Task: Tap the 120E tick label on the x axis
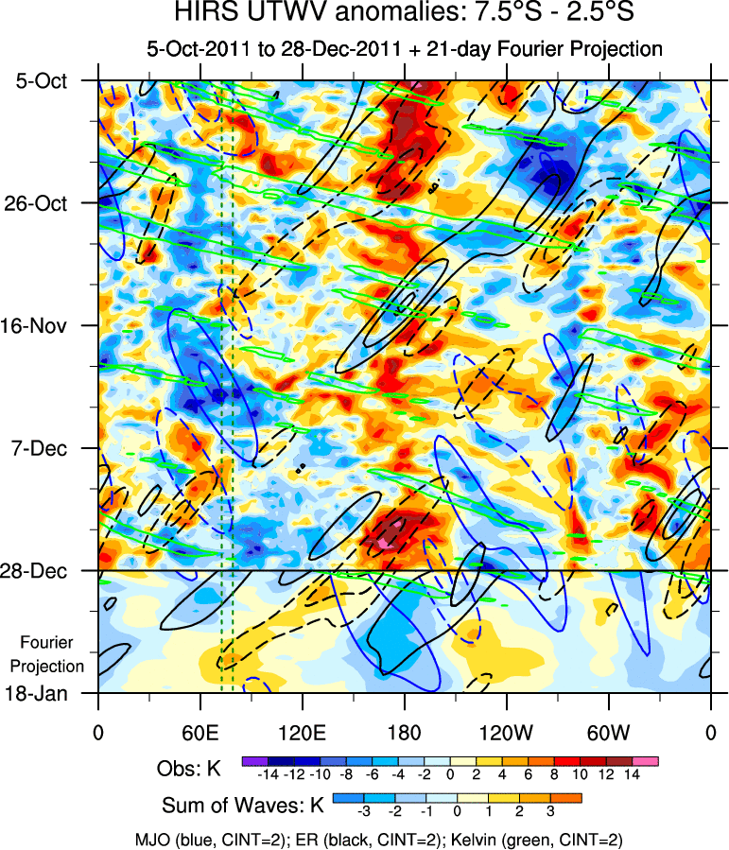[x=302, y=732]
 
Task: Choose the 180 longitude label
[x=404, y=732]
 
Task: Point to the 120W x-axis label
[x=506, y=732]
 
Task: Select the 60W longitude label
[x=608, y=732]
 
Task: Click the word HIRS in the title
[x=202, y=14]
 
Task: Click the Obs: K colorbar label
[x=188, y=770]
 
